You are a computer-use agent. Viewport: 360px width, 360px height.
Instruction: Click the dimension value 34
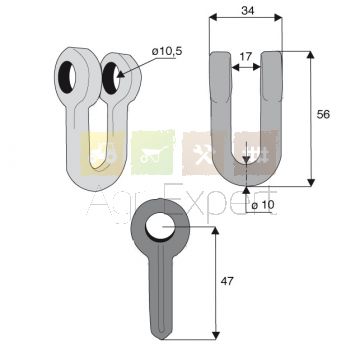coord(248,11)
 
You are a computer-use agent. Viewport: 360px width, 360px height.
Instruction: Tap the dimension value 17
coord(246,56)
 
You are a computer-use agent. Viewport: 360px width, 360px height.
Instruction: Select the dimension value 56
coord(323,114)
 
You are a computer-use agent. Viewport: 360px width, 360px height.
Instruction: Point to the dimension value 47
coord(227,281)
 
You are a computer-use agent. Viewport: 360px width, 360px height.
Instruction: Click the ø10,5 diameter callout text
coord(167,51)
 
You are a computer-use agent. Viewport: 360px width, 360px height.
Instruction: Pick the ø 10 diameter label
coord(263,205)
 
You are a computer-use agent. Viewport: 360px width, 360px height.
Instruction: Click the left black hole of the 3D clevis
coord(67,77)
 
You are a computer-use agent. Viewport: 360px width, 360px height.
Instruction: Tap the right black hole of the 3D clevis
coord(111,78)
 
